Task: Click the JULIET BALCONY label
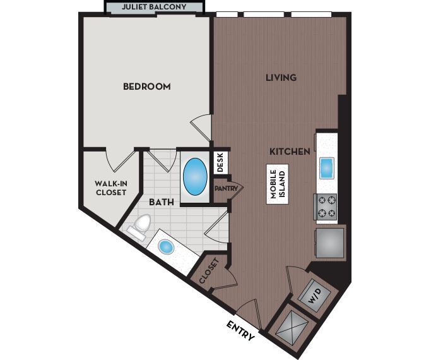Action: pos(155,8)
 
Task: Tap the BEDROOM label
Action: pos(146,87)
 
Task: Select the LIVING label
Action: pos(281,78)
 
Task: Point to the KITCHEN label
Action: pos(290,152)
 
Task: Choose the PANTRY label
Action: pos(226,188)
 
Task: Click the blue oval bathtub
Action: pos(195,177)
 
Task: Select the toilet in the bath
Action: pos(140,227)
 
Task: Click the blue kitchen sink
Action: pos(326,168)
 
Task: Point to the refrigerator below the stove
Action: pos(329,243)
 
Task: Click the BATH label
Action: pos(161,203)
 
